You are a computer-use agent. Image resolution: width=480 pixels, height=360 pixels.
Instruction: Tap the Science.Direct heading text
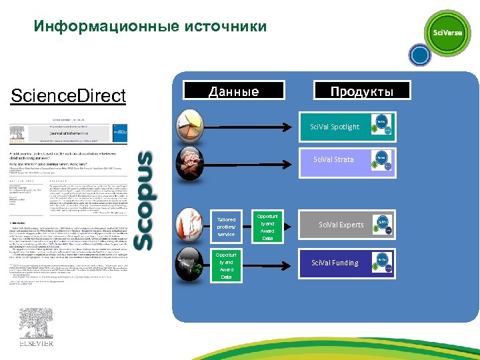click(x=69, y=96)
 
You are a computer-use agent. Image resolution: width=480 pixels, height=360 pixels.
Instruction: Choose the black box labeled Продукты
click(x=362, y=91)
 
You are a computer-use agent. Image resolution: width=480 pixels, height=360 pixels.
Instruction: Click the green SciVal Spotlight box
click(x=334, y=127)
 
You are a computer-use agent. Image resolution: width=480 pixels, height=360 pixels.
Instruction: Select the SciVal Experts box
click(x=341, y=225)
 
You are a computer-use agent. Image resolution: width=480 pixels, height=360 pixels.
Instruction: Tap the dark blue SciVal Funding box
click(x=335, y=263)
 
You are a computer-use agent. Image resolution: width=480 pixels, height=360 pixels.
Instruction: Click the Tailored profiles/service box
click(x=226, y=226)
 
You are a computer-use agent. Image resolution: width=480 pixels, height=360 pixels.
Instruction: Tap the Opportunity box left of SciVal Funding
click(x=227, y=265)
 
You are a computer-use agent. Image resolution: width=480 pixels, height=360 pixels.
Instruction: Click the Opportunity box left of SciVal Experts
click(x=267, y=227)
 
